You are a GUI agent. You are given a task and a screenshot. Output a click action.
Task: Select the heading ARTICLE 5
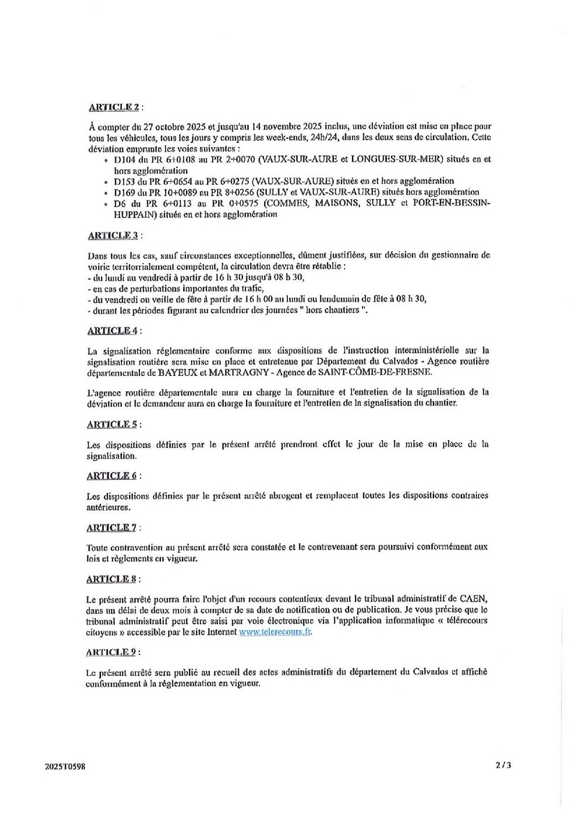point(112,424)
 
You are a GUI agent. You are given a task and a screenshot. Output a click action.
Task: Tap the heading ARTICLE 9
point(112,652)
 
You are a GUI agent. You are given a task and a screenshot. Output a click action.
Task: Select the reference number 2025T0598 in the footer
point(64,768)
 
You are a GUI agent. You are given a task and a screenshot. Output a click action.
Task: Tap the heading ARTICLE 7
point(112,528)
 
